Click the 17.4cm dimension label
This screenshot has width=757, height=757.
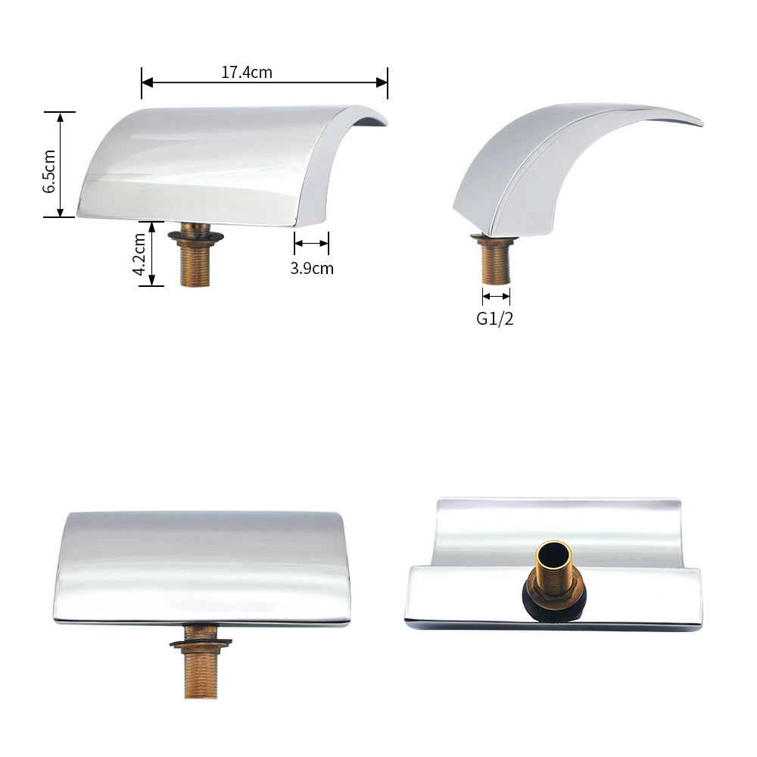[x=247, y=73]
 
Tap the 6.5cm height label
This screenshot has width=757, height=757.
[x=49, y=171]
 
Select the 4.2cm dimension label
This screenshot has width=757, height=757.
[x=139, y=254]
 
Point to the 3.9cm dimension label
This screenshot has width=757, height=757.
[x=312, y=269]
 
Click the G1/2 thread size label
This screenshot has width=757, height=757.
[x=495, y=319]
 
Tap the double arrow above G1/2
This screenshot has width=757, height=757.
[x=496, y=297]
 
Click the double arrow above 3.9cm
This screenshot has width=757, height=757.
[x=311, y=243]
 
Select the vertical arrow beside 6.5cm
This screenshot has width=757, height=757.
[x=61, y=164]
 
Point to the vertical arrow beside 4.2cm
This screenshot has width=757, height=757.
[x=151, y=254]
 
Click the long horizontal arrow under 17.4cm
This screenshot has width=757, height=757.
[x=264, y=83]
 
